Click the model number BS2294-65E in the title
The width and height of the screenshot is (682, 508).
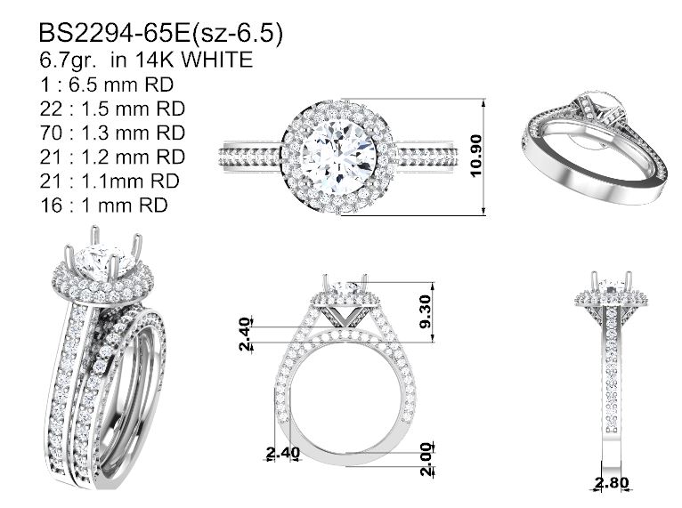pyautogui.click(x=115, y=33)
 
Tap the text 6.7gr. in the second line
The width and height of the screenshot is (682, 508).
pyautogui.click(x=68, y=60)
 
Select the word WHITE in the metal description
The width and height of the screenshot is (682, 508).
pyautogui.click(x=217, y=59)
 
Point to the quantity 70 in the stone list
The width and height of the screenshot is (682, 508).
pyautogui.click(x=52, y=133)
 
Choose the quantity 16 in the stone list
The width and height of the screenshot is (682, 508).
pyautogui.click(x=52, y=206)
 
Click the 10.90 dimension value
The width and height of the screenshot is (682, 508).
pyautogui.click(x=476, y=156)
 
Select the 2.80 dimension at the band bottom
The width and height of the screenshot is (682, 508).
pyautogui.click(x=612, y=482)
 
